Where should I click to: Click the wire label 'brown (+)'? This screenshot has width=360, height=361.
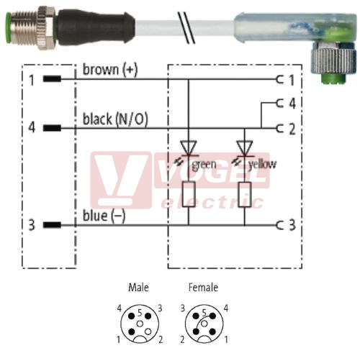click(x=110, y=70)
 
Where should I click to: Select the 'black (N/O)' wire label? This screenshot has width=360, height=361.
click(x=115, y=119)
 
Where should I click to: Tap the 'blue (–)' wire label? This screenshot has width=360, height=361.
click(x=104, y=216)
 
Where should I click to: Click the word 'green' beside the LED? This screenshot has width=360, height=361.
click(x=204, y=165)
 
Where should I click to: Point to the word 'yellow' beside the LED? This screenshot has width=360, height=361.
click(x=262, y=164)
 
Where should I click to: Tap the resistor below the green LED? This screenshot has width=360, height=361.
click(x=189, y=194)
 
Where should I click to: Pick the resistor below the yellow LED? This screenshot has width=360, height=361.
click(x=245, y=194)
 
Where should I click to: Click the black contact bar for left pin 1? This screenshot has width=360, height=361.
click(x=52, y=78)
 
